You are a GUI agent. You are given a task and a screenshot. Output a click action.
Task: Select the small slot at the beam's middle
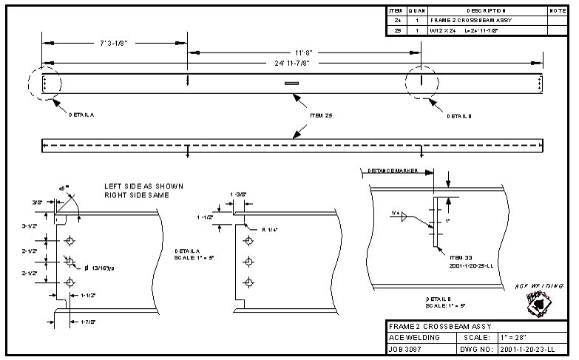pyautogui.click(x=291, y=84)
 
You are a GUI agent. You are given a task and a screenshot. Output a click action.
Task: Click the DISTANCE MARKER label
pyautogui.click(x=391, y=171)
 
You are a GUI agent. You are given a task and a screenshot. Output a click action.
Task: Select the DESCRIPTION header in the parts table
pyautogui.click(x=485, y=11)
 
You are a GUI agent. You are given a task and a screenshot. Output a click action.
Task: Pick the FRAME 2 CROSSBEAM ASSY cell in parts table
pyautogui.click(x=466, y=21)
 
